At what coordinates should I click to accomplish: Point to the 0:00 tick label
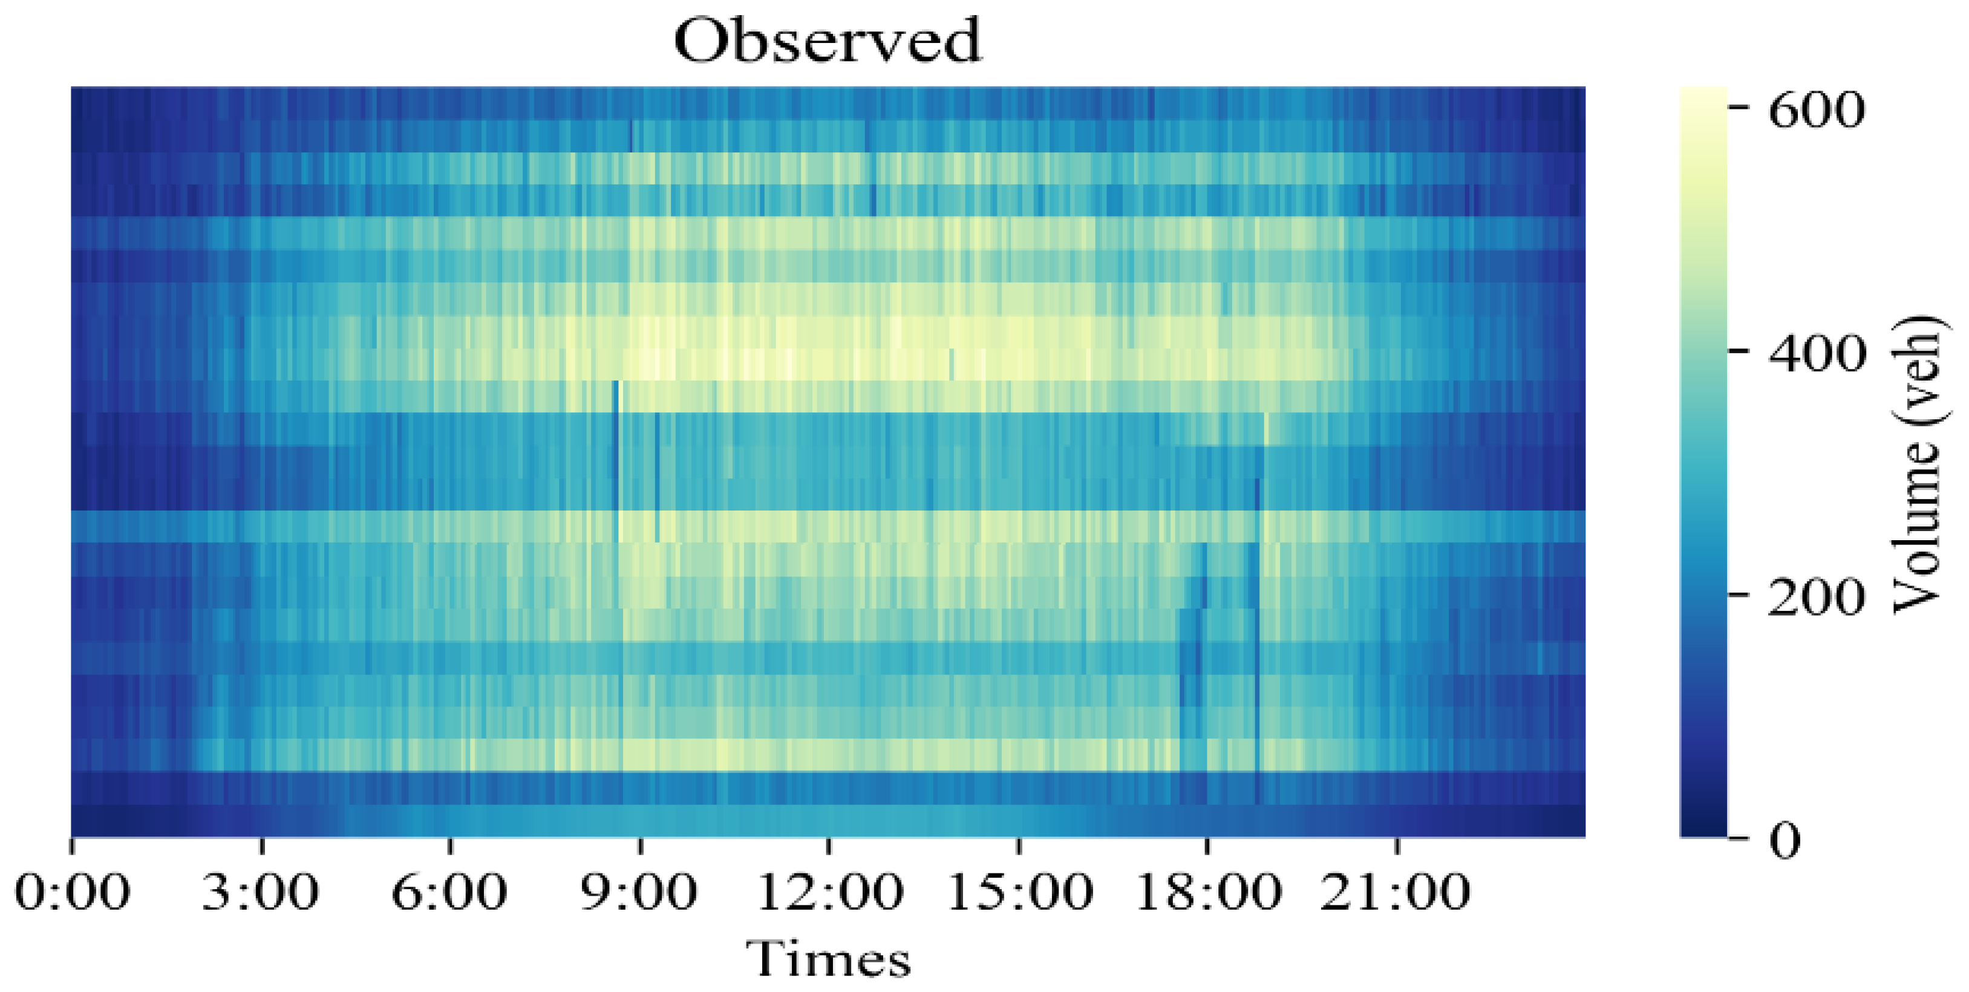click(72, 892)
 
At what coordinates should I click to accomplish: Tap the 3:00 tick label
click(261, 892)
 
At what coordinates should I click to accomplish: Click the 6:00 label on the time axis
click(449, 892)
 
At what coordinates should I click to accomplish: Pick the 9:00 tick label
click(639, 892)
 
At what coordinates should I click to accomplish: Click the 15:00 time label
click(1019, 892)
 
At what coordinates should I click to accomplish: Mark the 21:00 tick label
click(1396, 892)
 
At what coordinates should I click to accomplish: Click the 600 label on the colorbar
click(1816, 110)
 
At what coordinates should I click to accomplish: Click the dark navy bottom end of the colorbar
click(1703, 829)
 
